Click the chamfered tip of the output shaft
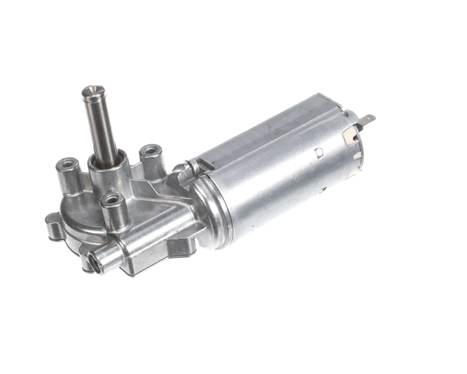pos(93,91)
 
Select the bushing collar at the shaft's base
pos(107,164)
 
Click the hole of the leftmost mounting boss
pos(68,164)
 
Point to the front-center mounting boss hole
pos(114,200)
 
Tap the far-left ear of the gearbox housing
pos(52,227)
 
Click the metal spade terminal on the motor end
pos(367,122)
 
